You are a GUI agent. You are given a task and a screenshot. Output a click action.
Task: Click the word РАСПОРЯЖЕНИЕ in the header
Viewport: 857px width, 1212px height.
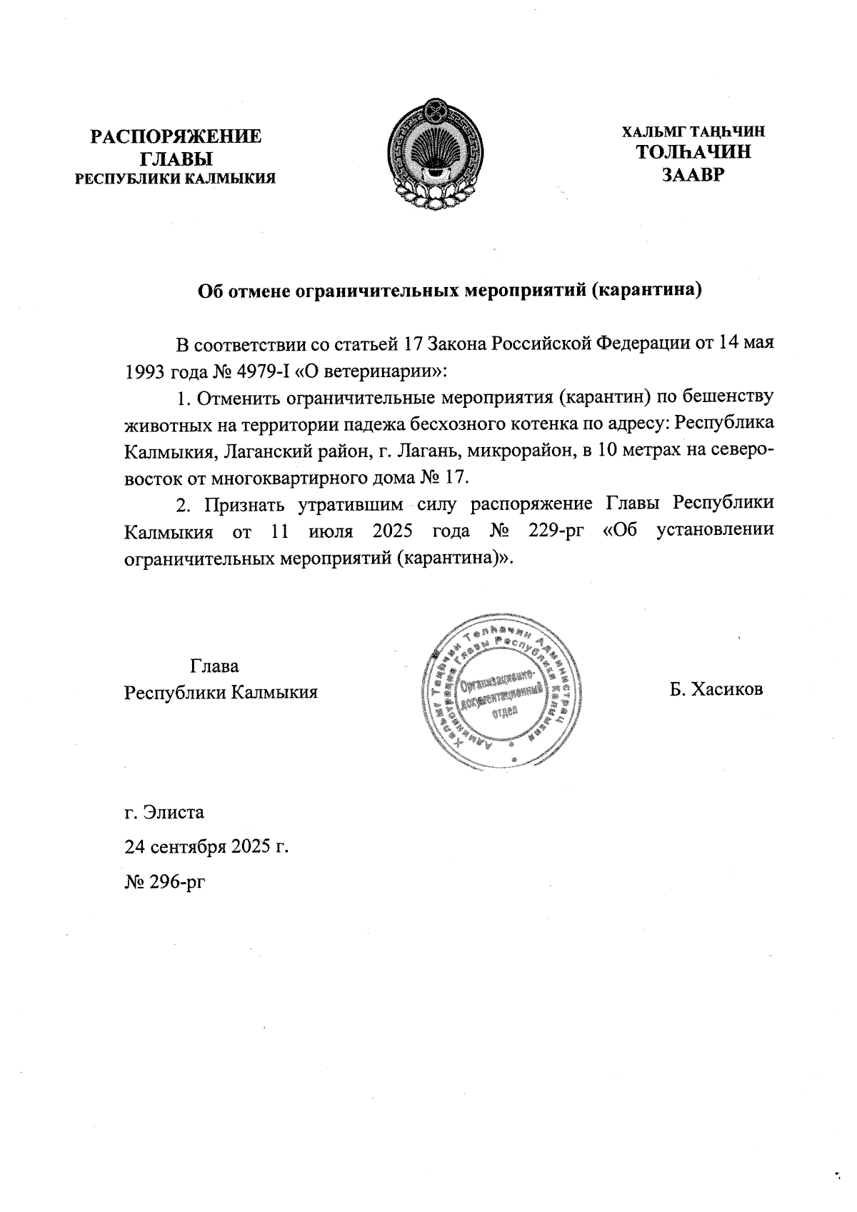click(175, 136)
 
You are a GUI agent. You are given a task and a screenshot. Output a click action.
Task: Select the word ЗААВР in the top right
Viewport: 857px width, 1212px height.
click(693, 174)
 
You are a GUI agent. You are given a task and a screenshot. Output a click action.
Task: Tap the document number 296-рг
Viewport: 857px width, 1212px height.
click(177, 882)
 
